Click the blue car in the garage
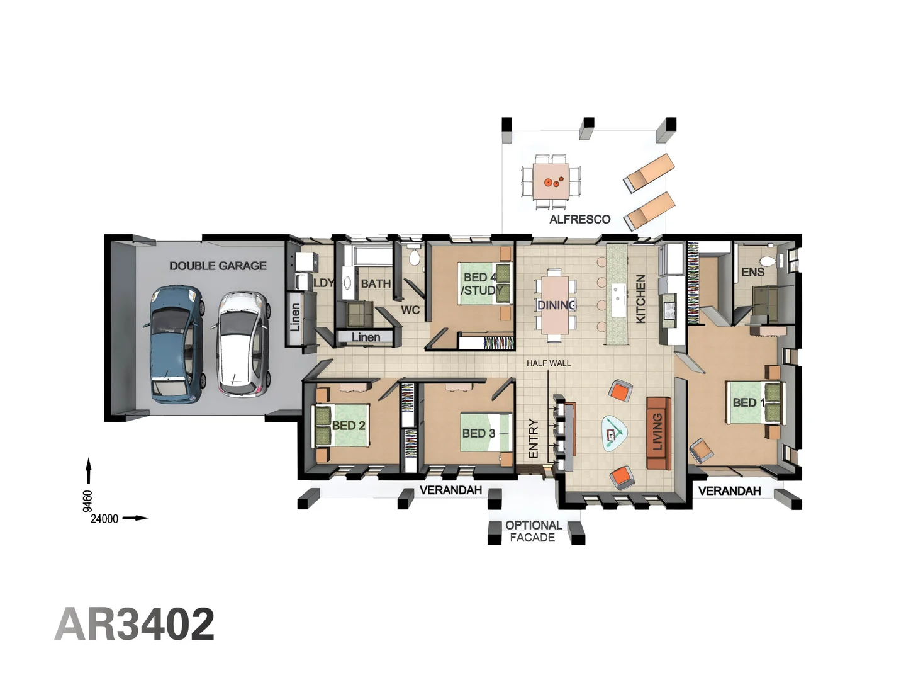click(x=176, y=344)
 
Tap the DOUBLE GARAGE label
click(x=218, y=266)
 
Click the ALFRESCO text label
click(x=579, y=219)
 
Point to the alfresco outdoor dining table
click(x=552, y=182)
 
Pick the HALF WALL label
click(x=549, y=363)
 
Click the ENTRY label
click(x=534, y=438)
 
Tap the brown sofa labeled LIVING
click(x=658, y=433)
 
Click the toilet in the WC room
click(x=414, y=257)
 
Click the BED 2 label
click(x=349, y=426)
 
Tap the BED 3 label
click(x=478, y=433)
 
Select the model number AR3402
click(x=135, y=624)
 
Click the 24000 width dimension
click(x=104, y=519)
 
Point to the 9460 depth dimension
click(x=88, y=501)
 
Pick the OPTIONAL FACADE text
click(x=533, y=531)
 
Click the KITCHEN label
click(x=640, y=299)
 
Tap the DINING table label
click(x=556, y=305)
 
